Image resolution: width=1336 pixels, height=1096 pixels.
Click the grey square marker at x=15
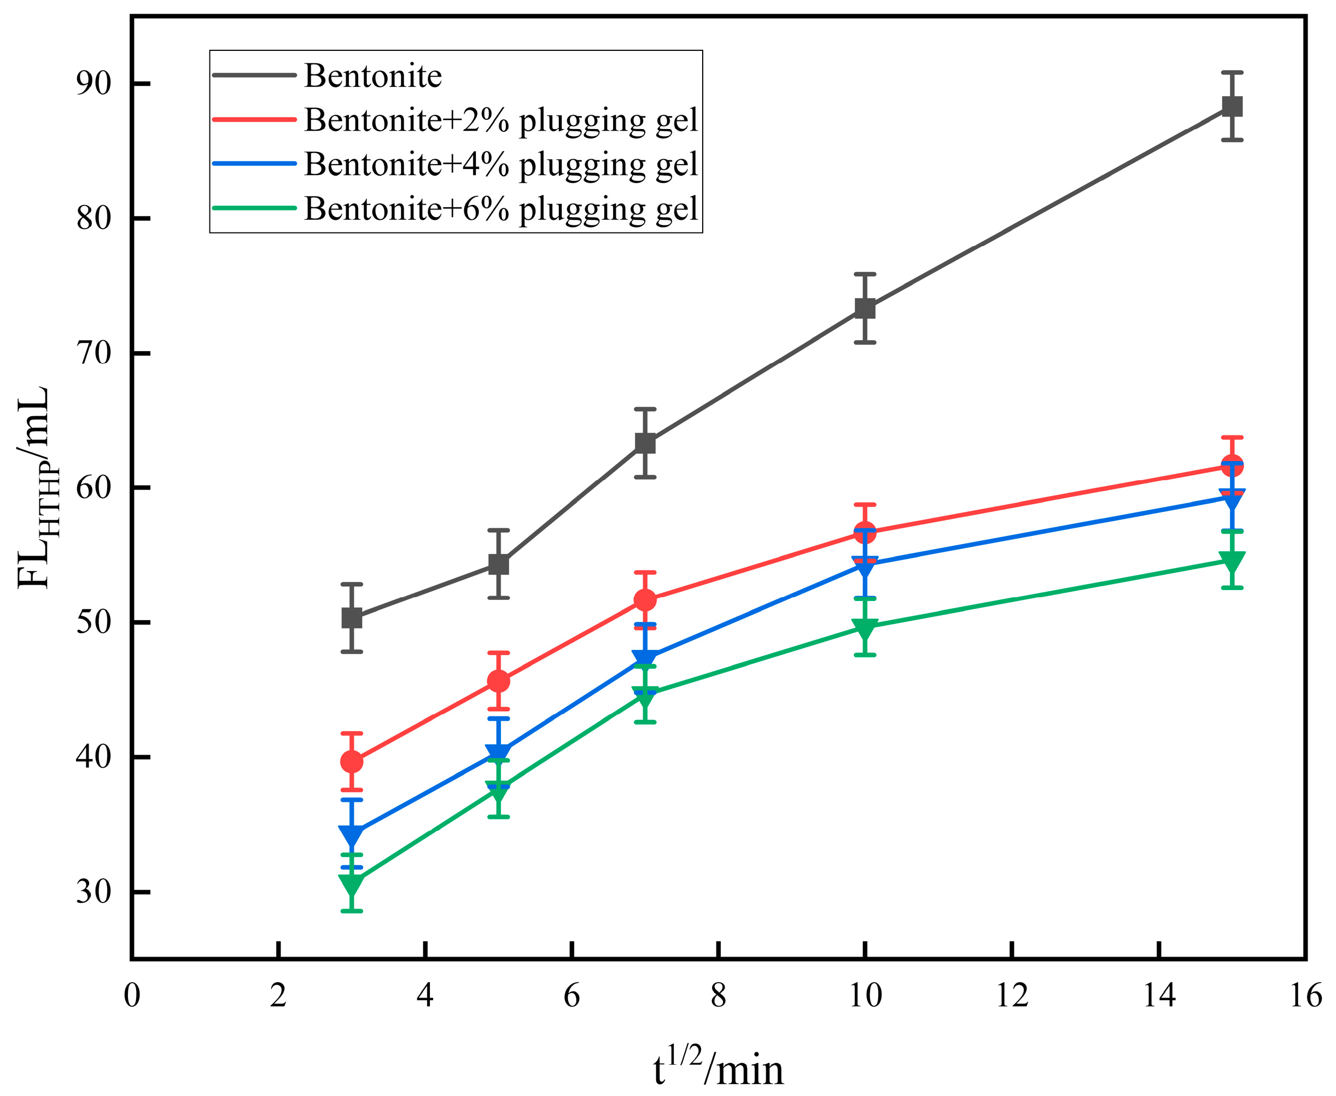[1232, 106]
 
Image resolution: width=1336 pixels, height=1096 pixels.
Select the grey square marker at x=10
[865, 308]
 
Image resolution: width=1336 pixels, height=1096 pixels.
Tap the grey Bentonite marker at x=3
[352, 617]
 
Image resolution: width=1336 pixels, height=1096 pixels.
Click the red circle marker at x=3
[352, 761]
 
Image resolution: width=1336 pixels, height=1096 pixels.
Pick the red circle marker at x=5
[499, 681]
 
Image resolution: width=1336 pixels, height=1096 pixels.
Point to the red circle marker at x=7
[645, 600]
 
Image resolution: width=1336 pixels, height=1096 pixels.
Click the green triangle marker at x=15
[1232, 560]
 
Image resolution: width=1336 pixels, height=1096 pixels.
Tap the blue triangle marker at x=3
[352, 834]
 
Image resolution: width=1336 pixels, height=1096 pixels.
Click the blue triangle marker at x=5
[499, 753]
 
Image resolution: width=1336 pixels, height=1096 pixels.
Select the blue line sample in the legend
[254, 164]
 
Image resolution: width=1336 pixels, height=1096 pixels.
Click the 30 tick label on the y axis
[94, 891]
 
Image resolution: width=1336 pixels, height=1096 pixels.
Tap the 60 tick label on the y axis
[94, 487]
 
